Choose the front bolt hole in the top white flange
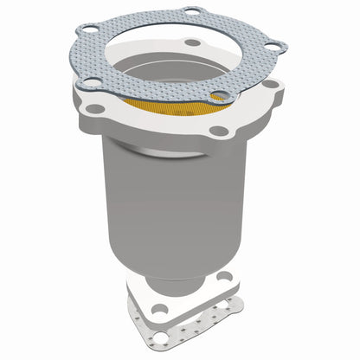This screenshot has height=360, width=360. [x=220, y=131]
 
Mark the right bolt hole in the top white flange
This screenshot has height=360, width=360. [x=273, y=85]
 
